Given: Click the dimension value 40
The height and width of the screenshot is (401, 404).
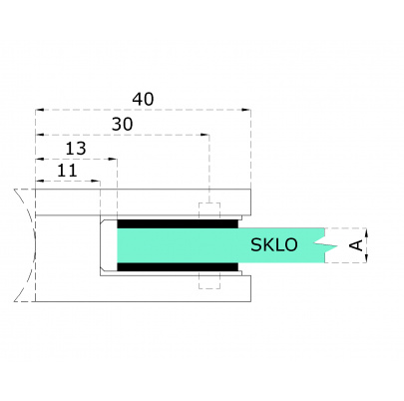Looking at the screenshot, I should (x=144, y=99).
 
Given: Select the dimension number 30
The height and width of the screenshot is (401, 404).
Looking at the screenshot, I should (x=123, y=124).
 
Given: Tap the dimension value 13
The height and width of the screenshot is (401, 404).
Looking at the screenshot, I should (x=76, y=149).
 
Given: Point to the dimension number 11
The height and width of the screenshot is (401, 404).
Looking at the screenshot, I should (x=67, y=171).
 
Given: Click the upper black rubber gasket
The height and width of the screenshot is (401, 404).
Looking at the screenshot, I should (x=179, y=219).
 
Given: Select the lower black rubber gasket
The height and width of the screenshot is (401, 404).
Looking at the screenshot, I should (x=179, y=268).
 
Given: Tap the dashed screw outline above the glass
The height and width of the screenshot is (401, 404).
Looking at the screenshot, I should (x=208, y=210).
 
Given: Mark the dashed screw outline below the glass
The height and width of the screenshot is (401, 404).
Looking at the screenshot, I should (x=208, y=280).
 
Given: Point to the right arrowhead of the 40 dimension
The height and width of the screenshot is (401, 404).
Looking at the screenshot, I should (x=246, y=110).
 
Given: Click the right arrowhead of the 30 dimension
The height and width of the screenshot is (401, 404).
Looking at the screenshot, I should (x=204, y=135).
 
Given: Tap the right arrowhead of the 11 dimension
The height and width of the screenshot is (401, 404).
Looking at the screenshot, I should (x=98, y=182).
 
